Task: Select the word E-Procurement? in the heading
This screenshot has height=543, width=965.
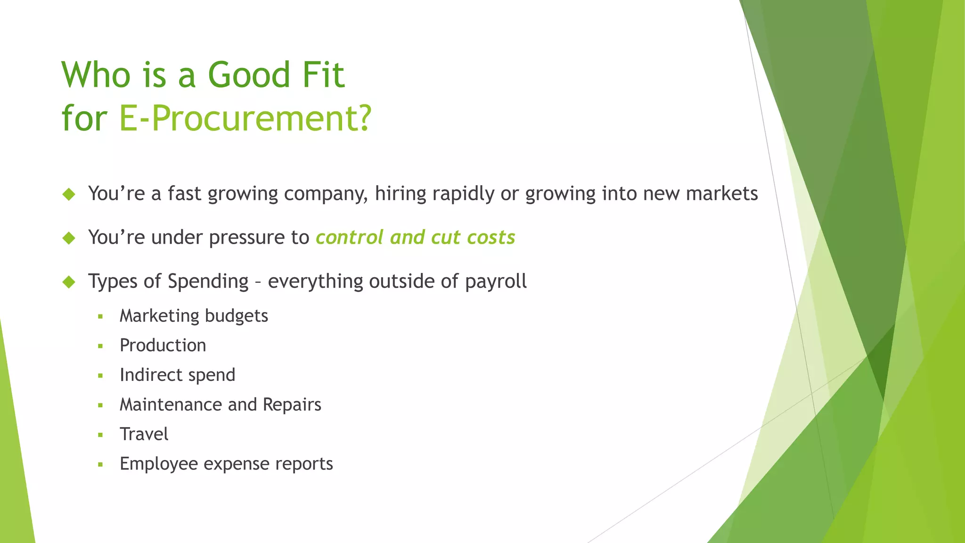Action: point(245,118)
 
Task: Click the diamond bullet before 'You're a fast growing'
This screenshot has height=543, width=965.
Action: point(69,194)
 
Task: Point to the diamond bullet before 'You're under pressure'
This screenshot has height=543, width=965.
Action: point(69,238)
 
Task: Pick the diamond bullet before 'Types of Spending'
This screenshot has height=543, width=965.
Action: point(69,282)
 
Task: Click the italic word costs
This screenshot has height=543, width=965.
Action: point(491,238)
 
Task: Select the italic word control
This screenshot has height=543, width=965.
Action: point(349,238)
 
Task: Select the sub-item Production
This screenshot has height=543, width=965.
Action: point(163,346)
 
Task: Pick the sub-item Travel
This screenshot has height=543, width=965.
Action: point(144,434)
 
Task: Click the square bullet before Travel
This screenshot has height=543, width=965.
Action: point(100,435)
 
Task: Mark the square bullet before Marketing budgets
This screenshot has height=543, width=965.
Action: point(100,317)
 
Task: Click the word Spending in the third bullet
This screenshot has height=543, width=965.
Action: point(208,282)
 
